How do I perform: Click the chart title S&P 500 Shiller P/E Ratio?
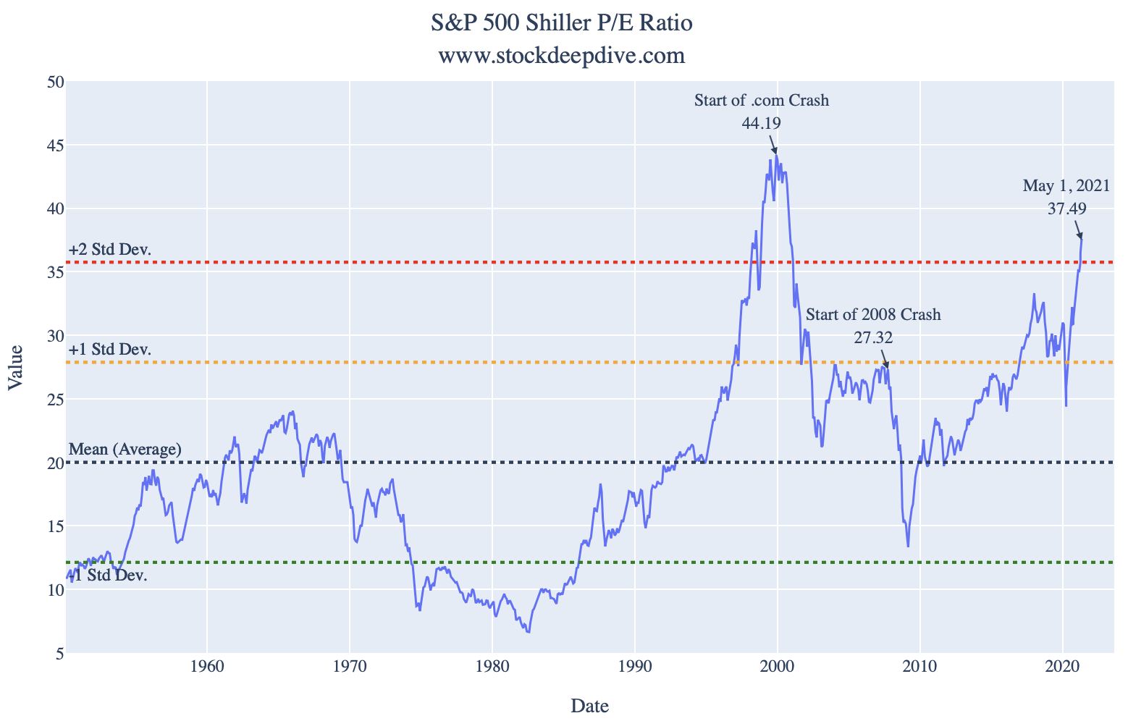562,23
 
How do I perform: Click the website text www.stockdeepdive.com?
562,56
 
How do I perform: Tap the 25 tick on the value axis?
56,400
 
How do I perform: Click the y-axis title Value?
15,368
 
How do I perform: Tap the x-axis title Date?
589,706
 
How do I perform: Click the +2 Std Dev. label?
110,250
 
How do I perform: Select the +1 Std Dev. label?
110,350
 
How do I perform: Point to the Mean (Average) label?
125,450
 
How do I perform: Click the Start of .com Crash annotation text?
762,101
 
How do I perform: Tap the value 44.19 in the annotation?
762,123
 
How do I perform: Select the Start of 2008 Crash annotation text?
873,314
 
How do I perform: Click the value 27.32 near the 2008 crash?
873,337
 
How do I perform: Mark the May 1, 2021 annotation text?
1066,186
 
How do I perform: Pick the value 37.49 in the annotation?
1067,208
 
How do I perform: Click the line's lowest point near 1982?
529,633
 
